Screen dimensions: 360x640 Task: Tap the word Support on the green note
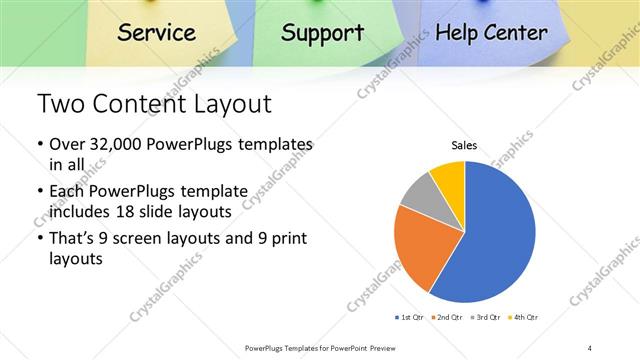point(322,32)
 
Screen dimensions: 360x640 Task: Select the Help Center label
point(492,32)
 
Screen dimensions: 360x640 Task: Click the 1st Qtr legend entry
point(411,317)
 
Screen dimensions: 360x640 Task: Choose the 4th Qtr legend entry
point(525,317)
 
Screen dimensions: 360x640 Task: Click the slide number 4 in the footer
point(590,348)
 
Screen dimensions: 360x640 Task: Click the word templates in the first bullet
point(271,145)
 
